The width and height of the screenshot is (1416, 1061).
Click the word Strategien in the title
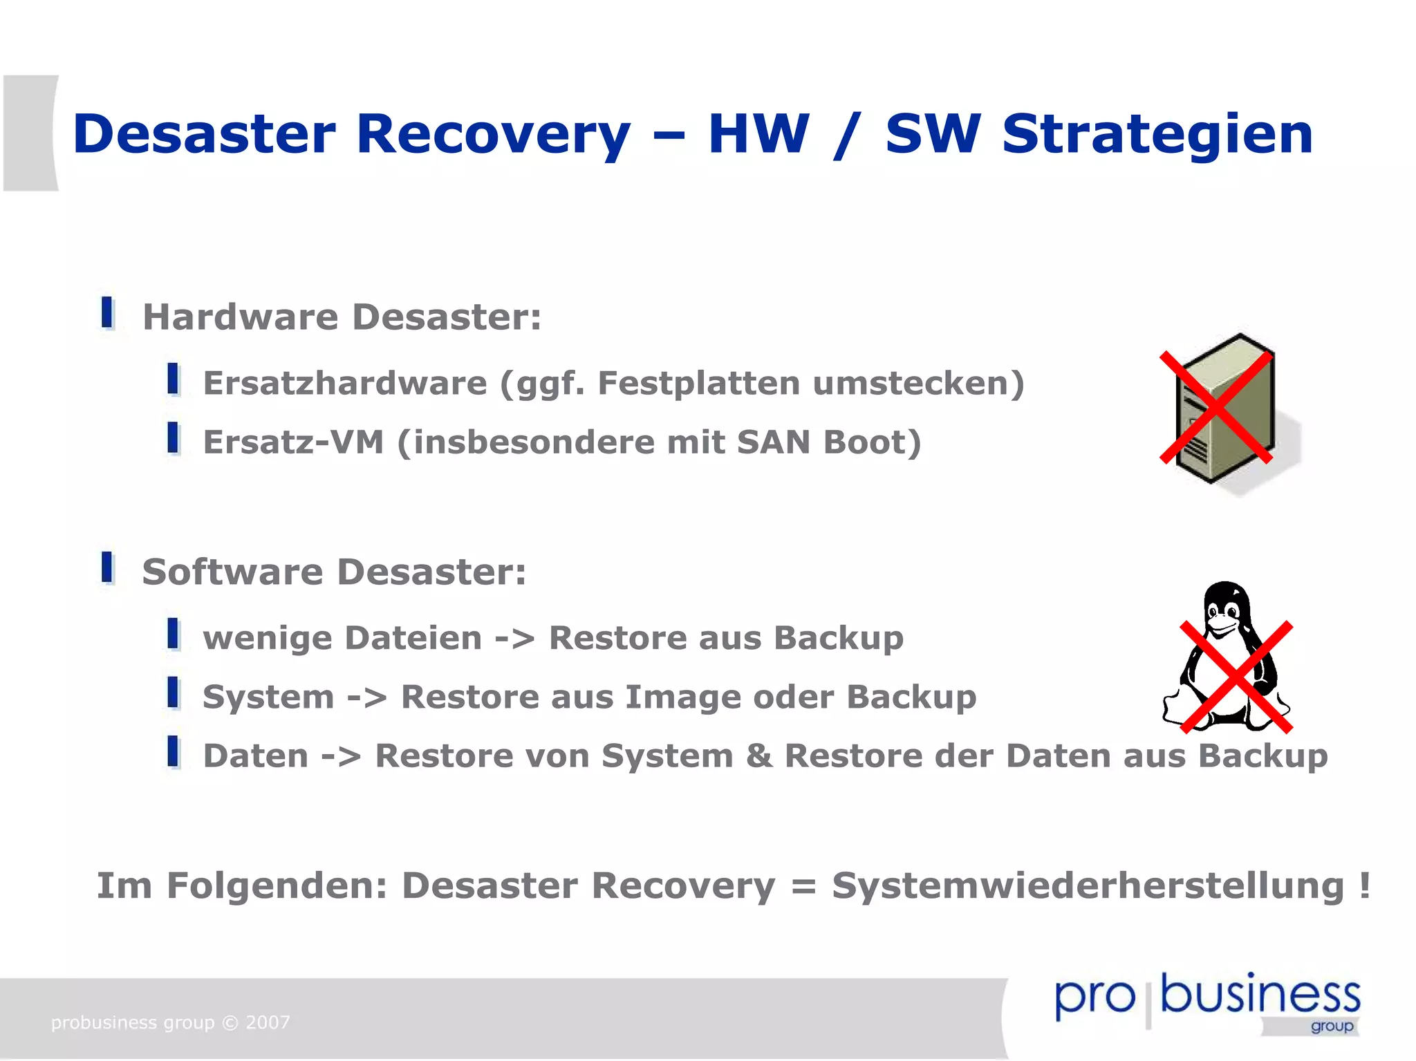(x=1157, y=135)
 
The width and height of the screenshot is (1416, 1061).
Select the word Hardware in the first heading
(x=241, y=317)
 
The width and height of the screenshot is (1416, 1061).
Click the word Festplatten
(x=698, y=383)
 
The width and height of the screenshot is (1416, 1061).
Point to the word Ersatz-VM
(x=293, y=442)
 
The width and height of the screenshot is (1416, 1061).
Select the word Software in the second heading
(x=232, y=572)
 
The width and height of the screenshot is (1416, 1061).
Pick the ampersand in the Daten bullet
(x=758, y=755)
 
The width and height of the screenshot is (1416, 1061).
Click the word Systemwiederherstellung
(x=1088, y=887)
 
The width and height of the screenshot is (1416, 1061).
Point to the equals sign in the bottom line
(x=803, y=887)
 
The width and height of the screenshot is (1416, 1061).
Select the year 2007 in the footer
(x=268, y=1022)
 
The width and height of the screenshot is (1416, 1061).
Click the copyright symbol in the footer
(x=230, y=1022)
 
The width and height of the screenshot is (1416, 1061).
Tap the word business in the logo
(x=1260, y=995)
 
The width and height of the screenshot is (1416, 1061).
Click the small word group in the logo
(x=1332, y=1026)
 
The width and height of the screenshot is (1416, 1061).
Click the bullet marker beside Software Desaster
(x=107, y=567)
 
